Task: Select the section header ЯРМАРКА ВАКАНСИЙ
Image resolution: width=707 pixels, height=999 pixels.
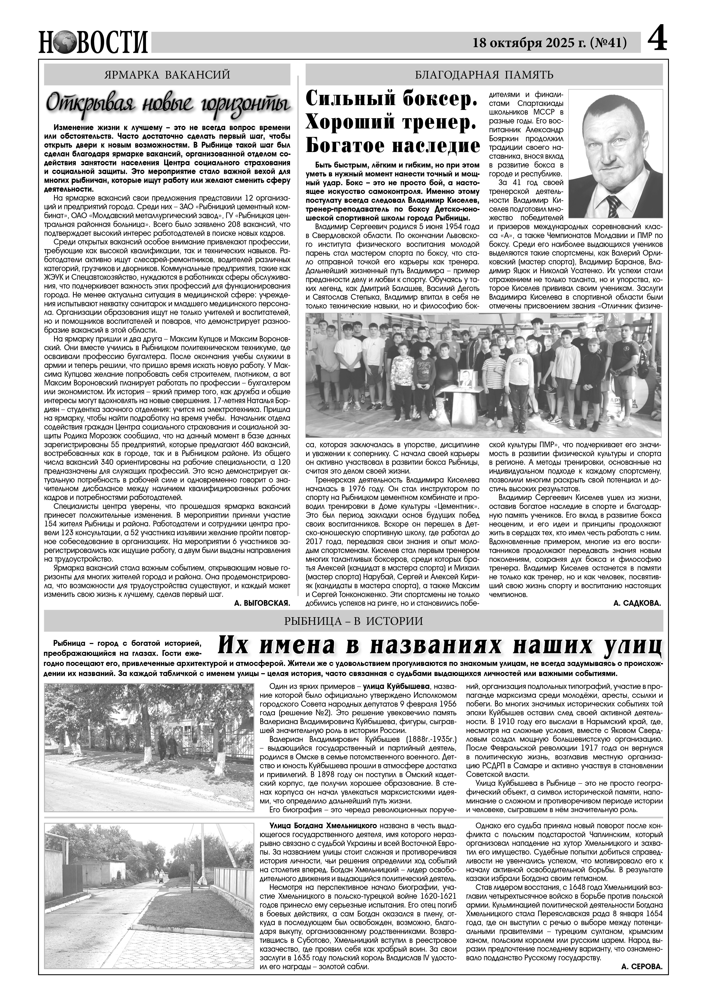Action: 168,75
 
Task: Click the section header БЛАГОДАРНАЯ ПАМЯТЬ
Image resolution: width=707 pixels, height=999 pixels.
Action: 484,75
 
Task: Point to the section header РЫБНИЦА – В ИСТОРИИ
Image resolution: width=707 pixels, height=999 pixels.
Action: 353,621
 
